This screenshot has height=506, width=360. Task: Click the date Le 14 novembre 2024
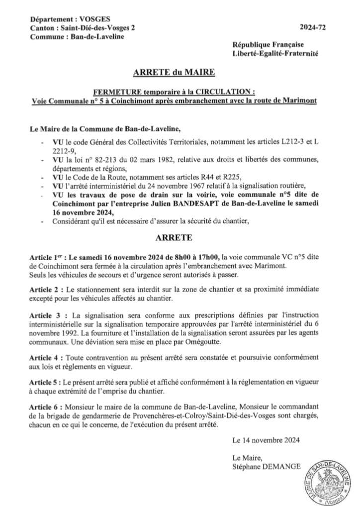point(266,440)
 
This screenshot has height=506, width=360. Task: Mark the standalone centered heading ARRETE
point(174,238)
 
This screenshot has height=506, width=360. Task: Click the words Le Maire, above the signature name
point(243,457)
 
